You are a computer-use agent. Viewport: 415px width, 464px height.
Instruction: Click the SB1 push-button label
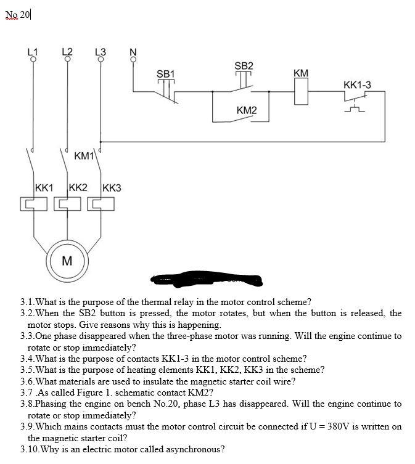[166, 74]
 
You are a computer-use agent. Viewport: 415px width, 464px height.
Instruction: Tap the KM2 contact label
[247, 110]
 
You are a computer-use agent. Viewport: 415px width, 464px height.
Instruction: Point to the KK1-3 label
[357, 84]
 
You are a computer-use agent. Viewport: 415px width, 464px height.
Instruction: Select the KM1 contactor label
[84, 156]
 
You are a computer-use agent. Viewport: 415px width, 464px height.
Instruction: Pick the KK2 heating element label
[78, 187]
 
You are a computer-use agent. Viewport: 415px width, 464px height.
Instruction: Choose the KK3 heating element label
[112, 187]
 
